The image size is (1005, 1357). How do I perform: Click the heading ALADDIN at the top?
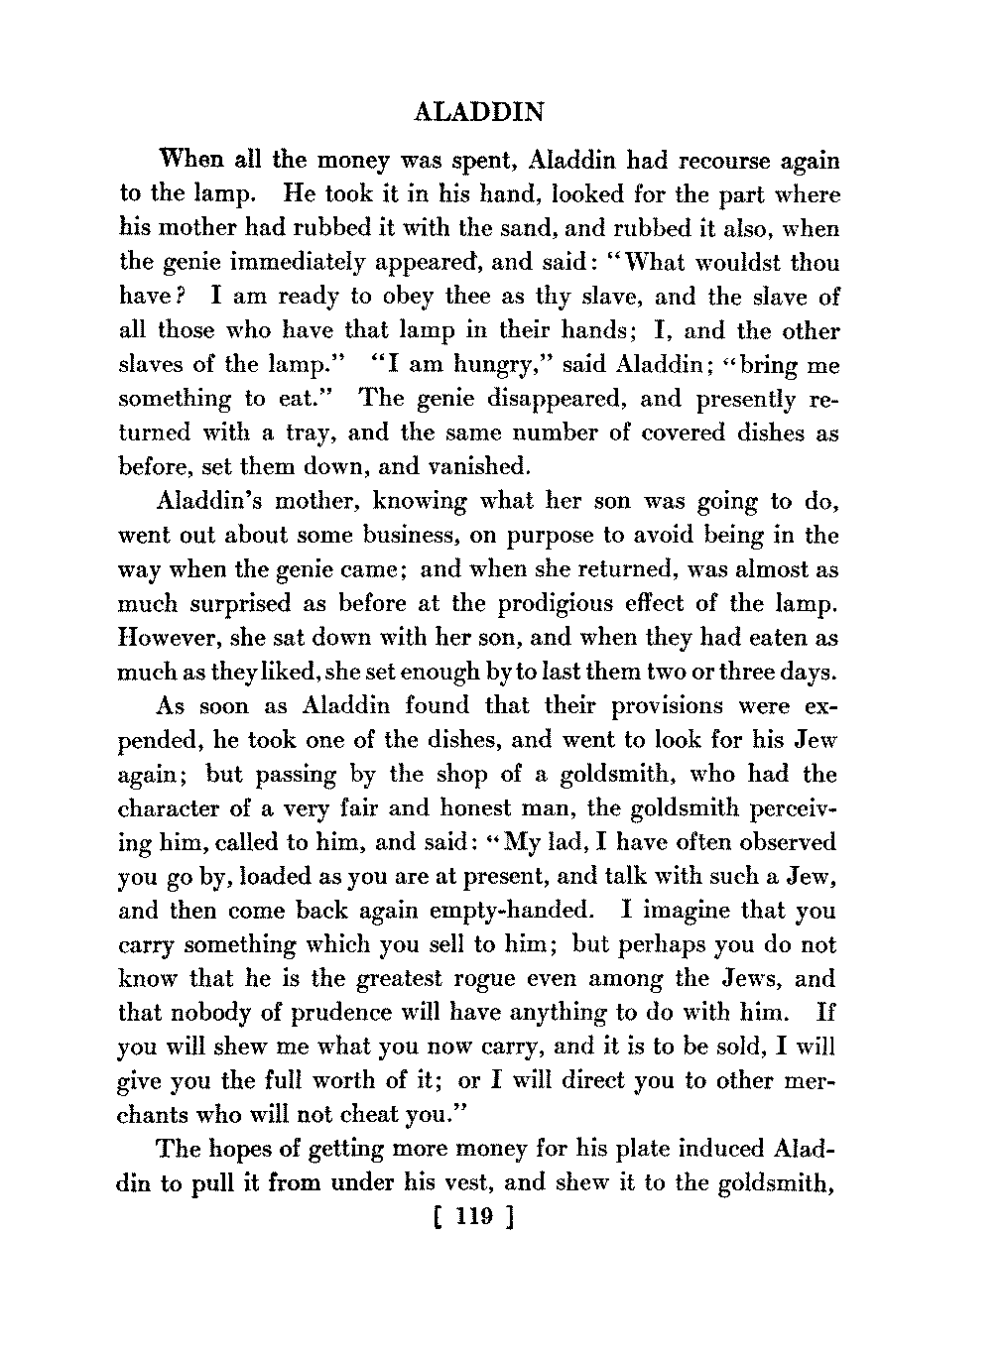tap(477, 112)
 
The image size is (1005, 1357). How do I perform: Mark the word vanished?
tap(474, 466)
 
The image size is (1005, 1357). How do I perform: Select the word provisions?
tap(641, 706)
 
